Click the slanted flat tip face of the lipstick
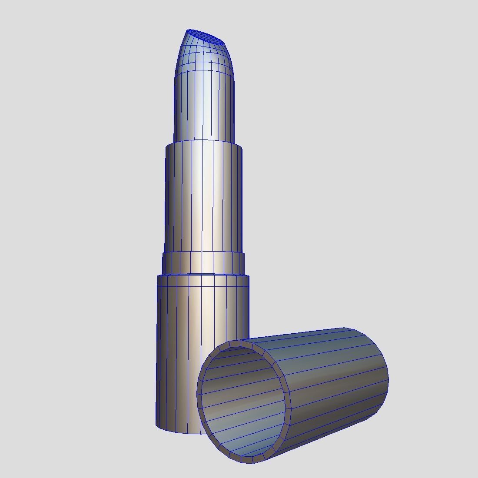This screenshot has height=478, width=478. tap(204, 37)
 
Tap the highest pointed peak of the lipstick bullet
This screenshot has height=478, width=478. tap(188, 30)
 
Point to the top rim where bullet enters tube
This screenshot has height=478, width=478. tap(203, 141)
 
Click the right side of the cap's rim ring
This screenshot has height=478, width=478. tap(288, 402)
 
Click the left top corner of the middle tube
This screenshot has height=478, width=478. tap(166, 147)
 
